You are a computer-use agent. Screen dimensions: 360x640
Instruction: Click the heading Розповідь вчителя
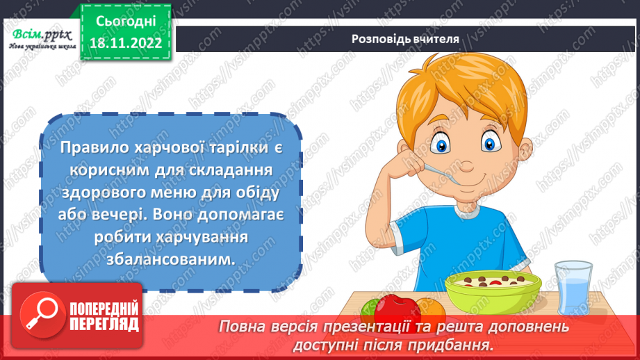(x=405, y=39)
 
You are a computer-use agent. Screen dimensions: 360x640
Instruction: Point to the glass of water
(x=574, y=286)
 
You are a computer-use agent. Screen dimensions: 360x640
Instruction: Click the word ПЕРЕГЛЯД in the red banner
(x=104, y=324)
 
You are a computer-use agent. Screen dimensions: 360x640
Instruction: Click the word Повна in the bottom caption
(x=240, y=326)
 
